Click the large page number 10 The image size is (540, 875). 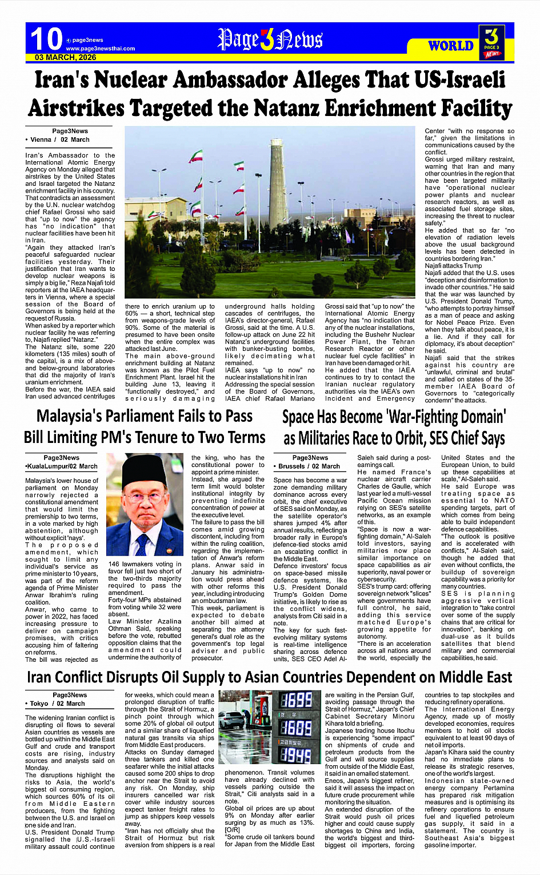tap(46, 39)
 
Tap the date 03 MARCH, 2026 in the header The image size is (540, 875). tap(65, 58)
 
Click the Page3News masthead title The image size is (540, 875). tap(270, 39)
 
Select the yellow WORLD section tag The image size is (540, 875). tap(451, 46)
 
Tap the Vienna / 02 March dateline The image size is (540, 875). tap(58, 139)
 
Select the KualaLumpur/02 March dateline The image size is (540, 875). tap(61, 466)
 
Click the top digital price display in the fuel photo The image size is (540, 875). tap(295, 700)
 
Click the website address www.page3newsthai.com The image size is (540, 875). tap(100, 49)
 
